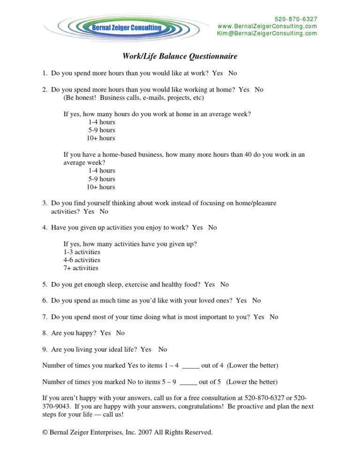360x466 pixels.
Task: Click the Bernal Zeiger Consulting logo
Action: point(125,28)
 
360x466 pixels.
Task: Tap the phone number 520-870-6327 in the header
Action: point(296,19)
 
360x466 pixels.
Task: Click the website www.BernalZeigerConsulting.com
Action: point(267,26)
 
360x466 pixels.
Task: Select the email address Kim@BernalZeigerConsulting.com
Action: point(267,33)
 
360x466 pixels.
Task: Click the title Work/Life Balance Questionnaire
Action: point(180,57)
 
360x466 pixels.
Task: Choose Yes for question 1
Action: point(217,73)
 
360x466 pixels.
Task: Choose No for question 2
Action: point(259,90)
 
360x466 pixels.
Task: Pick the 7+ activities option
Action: point(81,268)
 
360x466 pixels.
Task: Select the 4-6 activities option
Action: point(82,260)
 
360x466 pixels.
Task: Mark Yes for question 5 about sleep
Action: point(210,285)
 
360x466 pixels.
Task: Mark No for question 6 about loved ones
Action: point(256,301)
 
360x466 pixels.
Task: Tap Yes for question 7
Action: point(259,317)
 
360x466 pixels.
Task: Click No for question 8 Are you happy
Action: point(120,333)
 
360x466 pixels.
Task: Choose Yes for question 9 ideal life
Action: point(146,349)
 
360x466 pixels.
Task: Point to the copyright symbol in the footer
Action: point(45,432)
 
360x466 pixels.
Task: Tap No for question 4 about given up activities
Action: point(212,227)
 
